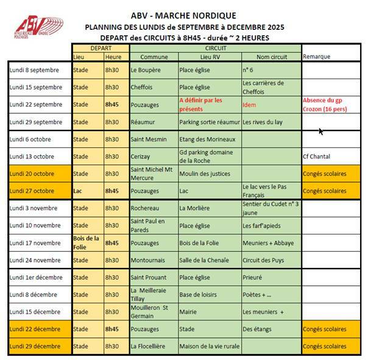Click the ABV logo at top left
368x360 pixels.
click(x=38, y=27)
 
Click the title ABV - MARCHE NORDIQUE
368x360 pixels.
click(x=183, y=15)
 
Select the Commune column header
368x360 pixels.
click(x=154, y=57)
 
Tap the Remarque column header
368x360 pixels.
click(x=316, y=57)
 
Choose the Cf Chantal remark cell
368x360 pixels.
click(x=316, y=156)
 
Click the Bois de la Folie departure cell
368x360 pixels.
click(x=87, y=242)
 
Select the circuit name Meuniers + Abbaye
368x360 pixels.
click(x=267, y=243)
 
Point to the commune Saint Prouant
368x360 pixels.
click(x=149, y=278)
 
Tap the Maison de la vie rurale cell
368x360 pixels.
click(x=208, y=347)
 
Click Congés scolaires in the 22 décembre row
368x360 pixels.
click(x=324, y=330)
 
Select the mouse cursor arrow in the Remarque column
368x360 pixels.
click(x=320, y=130)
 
